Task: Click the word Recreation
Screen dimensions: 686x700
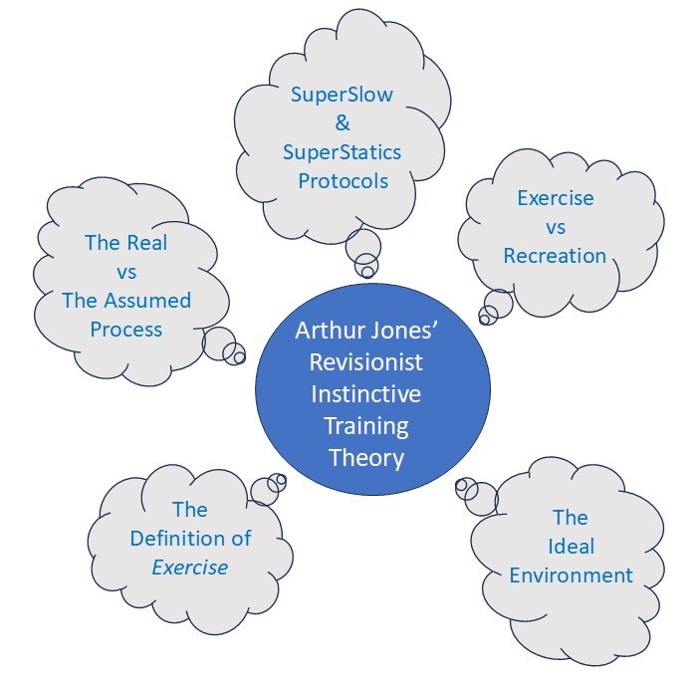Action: (555, 255)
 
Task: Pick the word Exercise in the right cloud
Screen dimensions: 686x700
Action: (555, 197)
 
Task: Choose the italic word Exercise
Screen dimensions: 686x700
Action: (189, 568)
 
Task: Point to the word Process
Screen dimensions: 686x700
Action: (125, 329)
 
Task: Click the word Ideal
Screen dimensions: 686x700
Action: (571, 547)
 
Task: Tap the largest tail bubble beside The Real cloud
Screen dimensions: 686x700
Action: (219, 343)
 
